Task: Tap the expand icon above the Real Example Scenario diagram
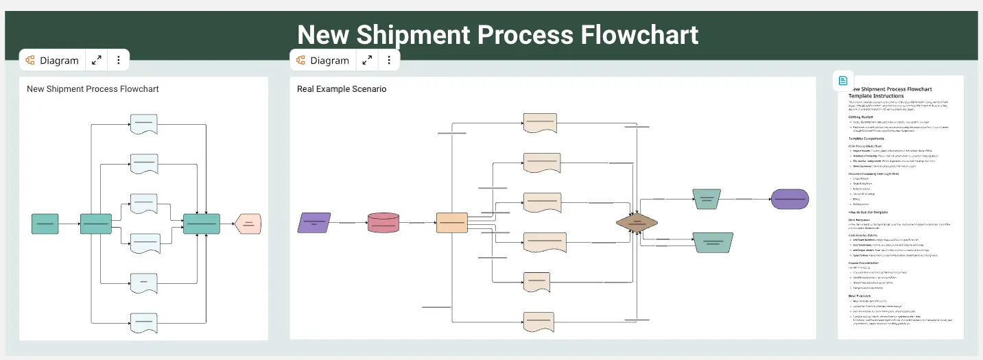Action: point(368,60)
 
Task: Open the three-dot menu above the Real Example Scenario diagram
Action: point(389,60)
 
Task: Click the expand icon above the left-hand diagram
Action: point(97,60)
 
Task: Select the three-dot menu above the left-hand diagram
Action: point(119,60)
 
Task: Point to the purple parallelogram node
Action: point(314,223)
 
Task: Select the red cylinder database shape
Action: point(383,223)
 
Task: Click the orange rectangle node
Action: point(452,223)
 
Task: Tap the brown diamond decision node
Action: point(637,223)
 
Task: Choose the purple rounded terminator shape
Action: point(790,199)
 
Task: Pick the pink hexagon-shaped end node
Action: point(248,224)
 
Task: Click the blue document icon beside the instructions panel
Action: point(843,80)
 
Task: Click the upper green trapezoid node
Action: point(706,199)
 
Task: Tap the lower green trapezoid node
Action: point(713,241)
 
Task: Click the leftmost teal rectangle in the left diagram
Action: point(45,224)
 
